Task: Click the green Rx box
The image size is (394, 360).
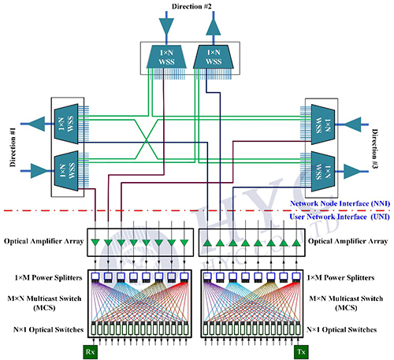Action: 91,352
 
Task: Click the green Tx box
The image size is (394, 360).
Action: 301,352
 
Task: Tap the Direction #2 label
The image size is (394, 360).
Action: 191,6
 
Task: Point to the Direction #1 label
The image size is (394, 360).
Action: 13,147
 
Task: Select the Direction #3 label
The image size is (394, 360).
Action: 375,149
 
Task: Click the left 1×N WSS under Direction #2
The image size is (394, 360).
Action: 166,57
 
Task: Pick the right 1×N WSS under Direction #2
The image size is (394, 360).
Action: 214,57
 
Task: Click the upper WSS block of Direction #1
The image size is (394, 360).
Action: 66,124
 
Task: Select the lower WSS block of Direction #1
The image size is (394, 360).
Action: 66,171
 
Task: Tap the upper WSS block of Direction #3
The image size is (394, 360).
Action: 323,124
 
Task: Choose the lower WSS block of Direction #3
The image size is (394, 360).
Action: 323,171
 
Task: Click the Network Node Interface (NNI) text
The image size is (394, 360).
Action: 340,203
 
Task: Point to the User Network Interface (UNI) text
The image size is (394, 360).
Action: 340,217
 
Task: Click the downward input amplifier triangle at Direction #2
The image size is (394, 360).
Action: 166,26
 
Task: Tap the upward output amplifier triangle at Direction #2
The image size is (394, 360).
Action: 214,27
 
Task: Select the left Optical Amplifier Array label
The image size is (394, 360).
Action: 43,241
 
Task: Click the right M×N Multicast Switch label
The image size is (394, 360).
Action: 346,302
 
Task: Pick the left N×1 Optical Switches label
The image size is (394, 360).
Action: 48,329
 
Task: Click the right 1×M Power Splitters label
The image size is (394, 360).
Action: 340,277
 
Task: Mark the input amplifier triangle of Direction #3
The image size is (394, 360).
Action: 352,124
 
